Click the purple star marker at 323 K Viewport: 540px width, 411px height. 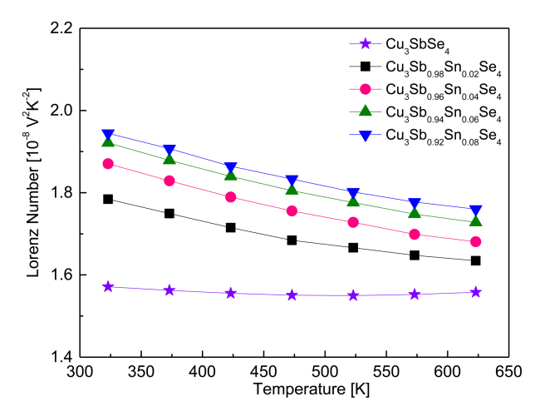(x=107, y=286)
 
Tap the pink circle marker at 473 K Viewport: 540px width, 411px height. (x=292, y=210)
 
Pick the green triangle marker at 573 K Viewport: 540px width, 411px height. (x=415, y=213)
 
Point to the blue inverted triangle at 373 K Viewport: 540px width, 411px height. (x=169, y=151)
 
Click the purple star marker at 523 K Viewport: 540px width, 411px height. (x=353, y=295)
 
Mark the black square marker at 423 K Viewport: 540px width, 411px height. (x=231, y=227)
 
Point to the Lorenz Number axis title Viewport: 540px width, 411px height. (x=33, y=193)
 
